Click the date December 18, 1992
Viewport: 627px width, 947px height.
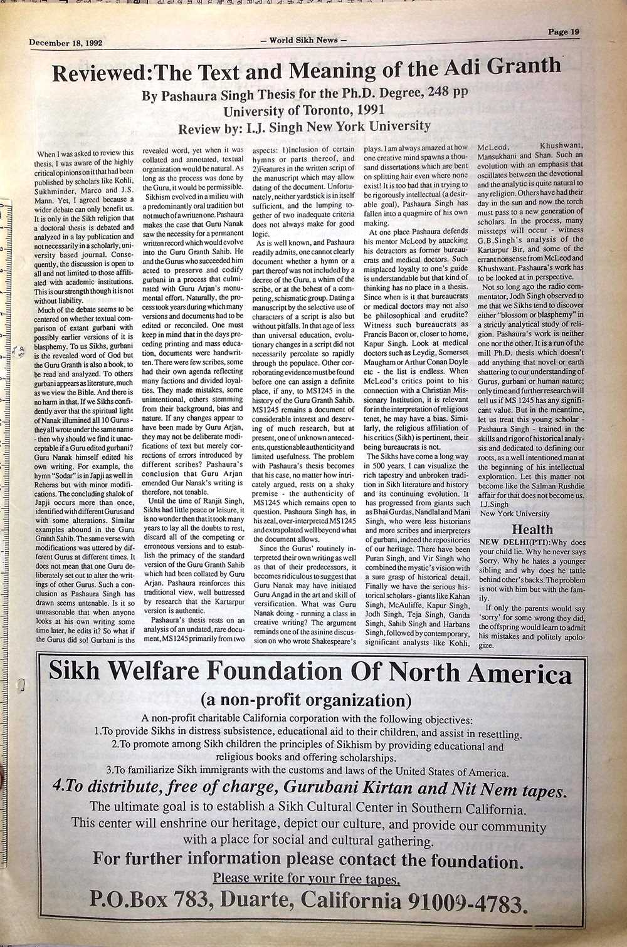(x=65, y=43)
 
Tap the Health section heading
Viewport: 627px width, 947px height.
(x=532, y=529)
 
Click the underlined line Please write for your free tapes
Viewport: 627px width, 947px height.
(x=307, y=879)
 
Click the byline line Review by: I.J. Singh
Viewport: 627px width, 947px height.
(x=304, y=127)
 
